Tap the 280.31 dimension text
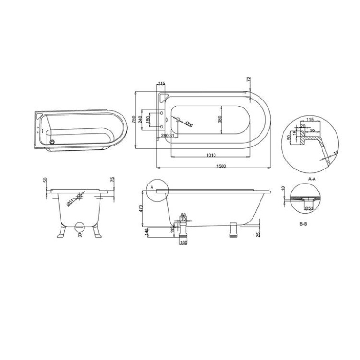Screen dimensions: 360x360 pyautogui.click(x=168, y=136)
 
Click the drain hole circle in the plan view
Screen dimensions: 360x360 pyautogui.click(x=177, y=119)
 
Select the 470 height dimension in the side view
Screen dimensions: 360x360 pyautogui.click(x=141, y=209)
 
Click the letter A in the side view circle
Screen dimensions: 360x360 pyautogui.click(x=152, y=186)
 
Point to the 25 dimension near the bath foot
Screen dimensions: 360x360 pyautogui.click(x=258, y=233)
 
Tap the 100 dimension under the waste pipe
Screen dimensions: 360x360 pyautogui.click(x=183, y=242)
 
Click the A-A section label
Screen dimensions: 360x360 pyautogui.click(x=311, y=179)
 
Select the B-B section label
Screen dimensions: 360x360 pyautogui.click(x=303, y=224)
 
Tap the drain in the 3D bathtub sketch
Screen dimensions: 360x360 pyautogui.click(x=52, y=140)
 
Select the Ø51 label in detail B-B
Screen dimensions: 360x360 pyautogui.click(x=309, y=208)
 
